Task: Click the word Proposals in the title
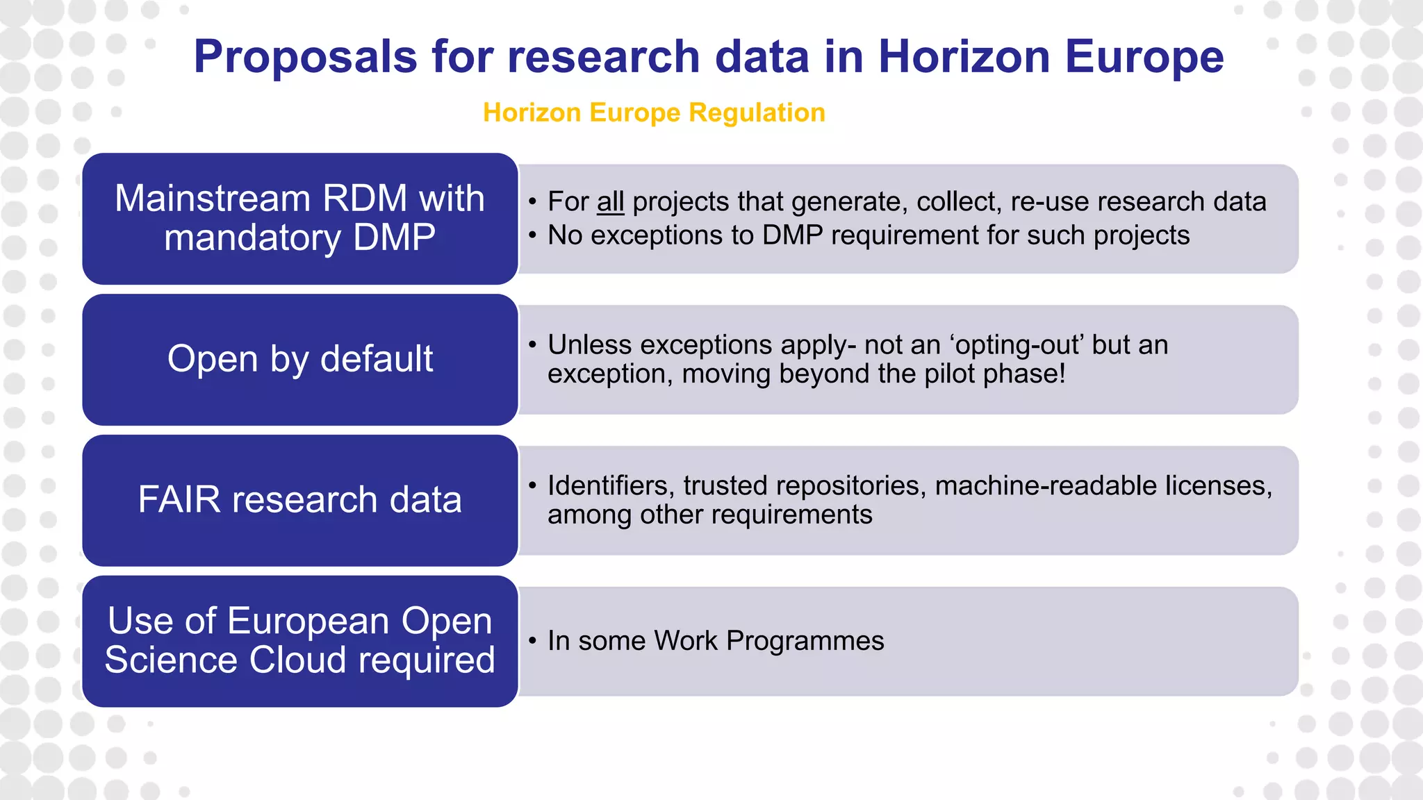tap(305, 57)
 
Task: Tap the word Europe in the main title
tap(1144, 57)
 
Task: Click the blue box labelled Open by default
tap(300, 359)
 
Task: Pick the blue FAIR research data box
tap(300, 500)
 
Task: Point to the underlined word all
tap(610, 202)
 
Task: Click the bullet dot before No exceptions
tap(532, 236)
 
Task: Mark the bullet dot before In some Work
tap(532, 641)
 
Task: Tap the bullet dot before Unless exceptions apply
tap(532, 345)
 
